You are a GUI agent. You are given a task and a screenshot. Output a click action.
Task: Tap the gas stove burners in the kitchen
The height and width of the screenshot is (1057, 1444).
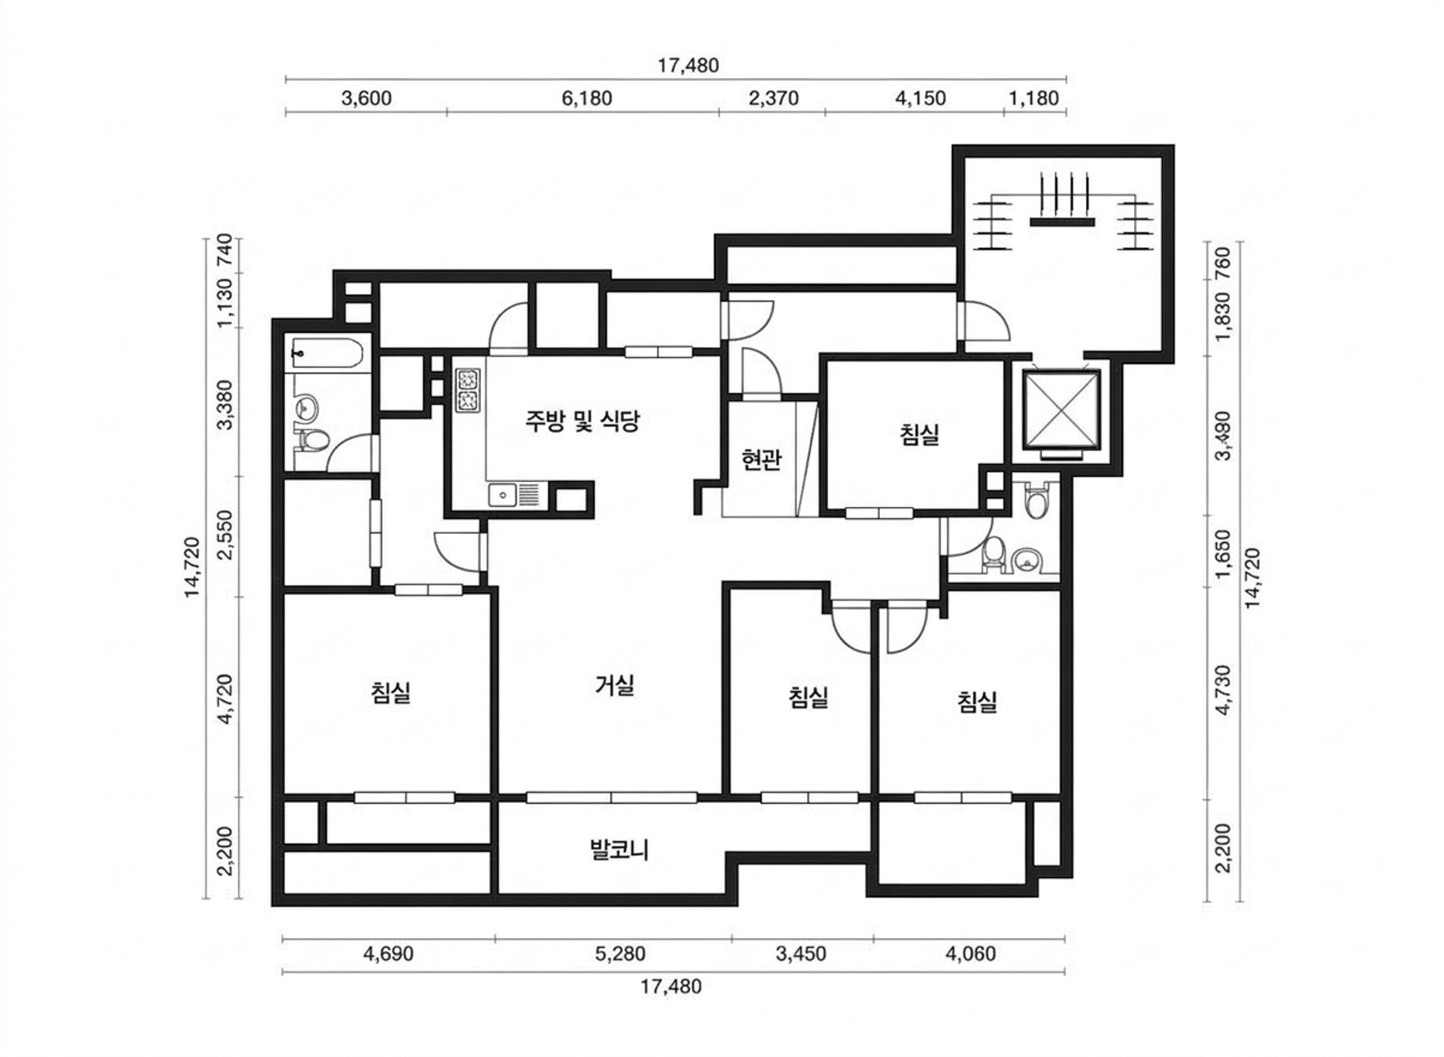pyautogui.click(x=468, y=390)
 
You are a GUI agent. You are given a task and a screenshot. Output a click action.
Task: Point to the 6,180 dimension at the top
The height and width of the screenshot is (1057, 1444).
pyautogui.click(x=587, y=99)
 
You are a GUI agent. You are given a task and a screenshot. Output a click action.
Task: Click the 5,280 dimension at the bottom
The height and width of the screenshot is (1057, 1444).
pyautogui.click(x=620, y=954)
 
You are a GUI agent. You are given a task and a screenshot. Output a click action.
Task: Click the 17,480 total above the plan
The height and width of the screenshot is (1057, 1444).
pyautogui.click(x=689, y=65)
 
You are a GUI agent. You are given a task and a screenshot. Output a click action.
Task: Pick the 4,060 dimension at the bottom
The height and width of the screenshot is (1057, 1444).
pyautogui.click(x=971, y=954)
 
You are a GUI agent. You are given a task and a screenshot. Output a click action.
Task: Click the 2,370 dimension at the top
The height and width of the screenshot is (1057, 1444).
pyautogui.click(x=774, y=99)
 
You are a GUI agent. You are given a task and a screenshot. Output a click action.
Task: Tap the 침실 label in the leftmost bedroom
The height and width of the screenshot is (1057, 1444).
pyautogui.click(x=390, y=692)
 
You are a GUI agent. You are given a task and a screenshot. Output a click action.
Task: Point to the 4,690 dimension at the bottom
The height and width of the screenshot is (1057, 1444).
pyautogui.click(x=388, y=954)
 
